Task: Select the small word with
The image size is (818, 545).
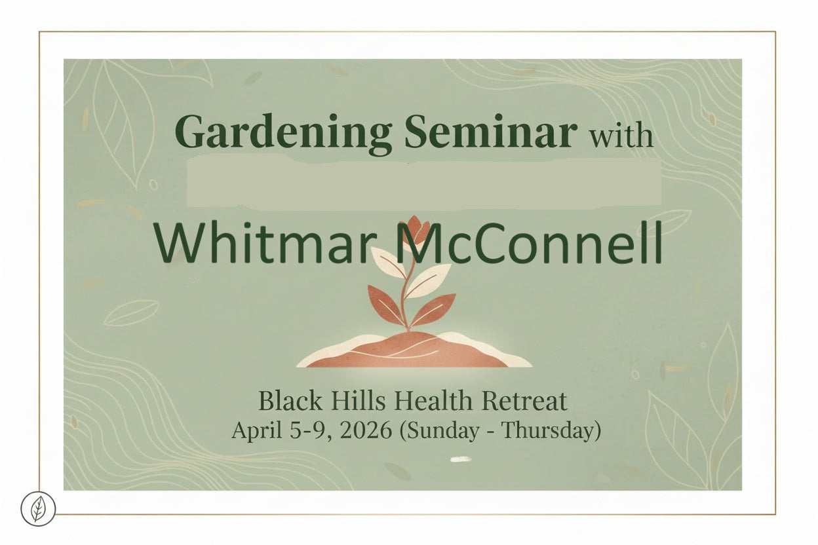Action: coord(621,136)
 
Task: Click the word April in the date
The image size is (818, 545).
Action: coord(254,430)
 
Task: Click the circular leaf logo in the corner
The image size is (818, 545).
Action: coord(38,508)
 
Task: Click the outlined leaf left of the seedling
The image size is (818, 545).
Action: coord(131,312)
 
